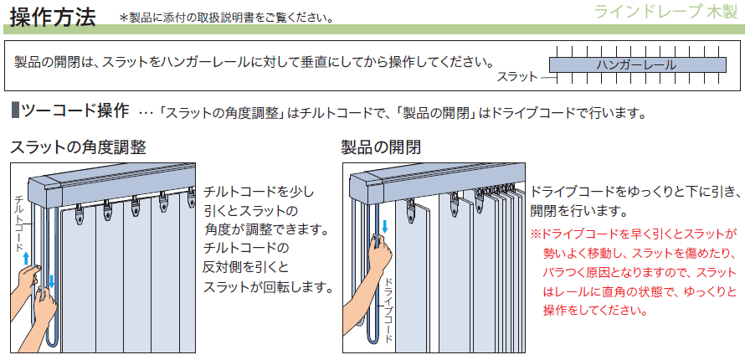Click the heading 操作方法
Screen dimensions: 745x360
pyautogui.click(x=53, y=17)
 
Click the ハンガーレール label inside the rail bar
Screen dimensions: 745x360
pyautogui.click(x=636, y=65)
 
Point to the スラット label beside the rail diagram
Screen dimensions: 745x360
pyautogui.click(x=517, y=76)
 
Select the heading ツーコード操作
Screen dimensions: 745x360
pyautogui.click(x=75, y=111)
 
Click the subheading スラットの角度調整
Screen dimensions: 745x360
pyautogui.click(x=78, y=147)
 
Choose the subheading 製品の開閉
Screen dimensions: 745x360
pyautogui.click(x=381, y=147)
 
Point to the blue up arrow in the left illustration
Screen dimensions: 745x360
pyautogui.click(x=27, y=258)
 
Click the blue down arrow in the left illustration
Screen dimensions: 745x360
pyautogui.click(x=51, y=281)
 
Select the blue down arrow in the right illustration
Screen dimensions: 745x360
pyautogui.click(x=385, y=226)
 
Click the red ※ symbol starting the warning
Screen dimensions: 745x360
pyautogui.click(x=536, y=234)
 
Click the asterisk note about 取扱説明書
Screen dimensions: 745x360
pyautogui.click(x=226, y=18)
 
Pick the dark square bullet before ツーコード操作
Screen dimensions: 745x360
pyautogui.click(x=14, y=111)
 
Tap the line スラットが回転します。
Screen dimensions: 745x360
pyautogui.click(x=267, y=287)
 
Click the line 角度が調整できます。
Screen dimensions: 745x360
pyautogui.click(x=268, y=229)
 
